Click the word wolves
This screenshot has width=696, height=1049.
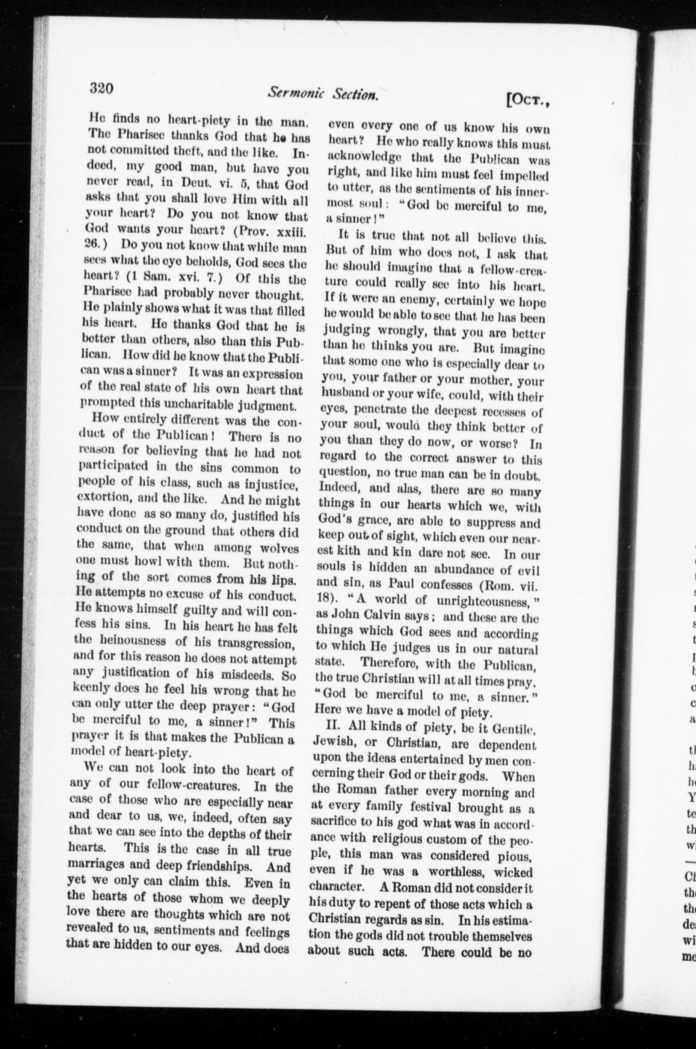pos(279,548)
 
